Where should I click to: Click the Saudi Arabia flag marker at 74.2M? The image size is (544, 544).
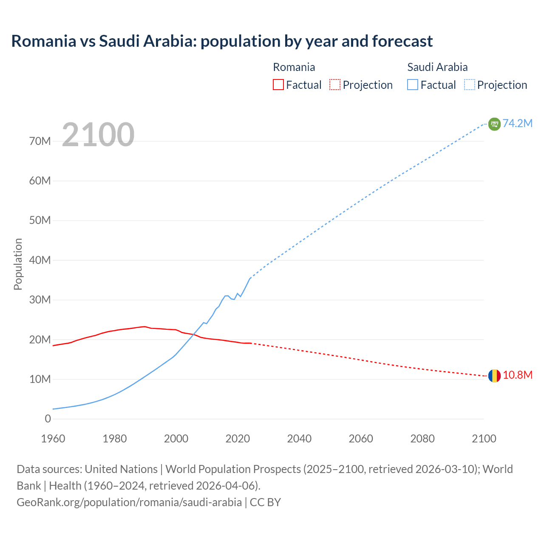click(494, 124)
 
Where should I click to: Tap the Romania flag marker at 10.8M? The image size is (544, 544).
click(494, 376)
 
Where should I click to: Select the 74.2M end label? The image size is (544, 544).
click(518, 123)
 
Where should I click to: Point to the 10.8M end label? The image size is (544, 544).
click(518, 375)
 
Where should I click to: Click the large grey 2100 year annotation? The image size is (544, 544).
click(98, 135)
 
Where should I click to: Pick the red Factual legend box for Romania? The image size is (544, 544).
click(278, 85)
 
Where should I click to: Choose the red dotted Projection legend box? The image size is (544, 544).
click(335, 85)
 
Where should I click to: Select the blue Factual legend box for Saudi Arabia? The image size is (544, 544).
click(413, 85)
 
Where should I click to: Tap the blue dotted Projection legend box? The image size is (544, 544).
click(470, 85)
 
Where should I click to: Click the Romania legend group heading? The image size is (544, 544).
click(294, 67)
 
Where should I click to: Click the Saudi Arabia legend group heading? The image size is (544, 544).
click(437, 67)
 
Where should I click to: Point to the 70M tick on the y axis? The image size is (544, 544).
click(40, 141)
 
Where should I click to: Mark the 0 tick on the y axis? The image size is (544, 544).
click(48, 419)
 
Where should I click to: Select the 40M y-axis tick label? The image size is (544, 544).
click(40, 260)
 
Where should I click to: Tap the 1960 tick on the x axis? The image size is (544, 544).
click(53, 439)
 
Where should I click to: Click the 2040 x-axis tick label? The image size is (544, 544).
click(299, 439)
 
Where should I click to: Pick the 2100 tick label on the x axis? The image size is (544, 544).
click(484, 439)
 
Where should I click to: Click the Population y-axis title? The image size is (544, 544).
click(18, 264)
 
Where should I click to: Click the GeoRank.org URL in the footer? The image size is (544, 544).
click(129, 502)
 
